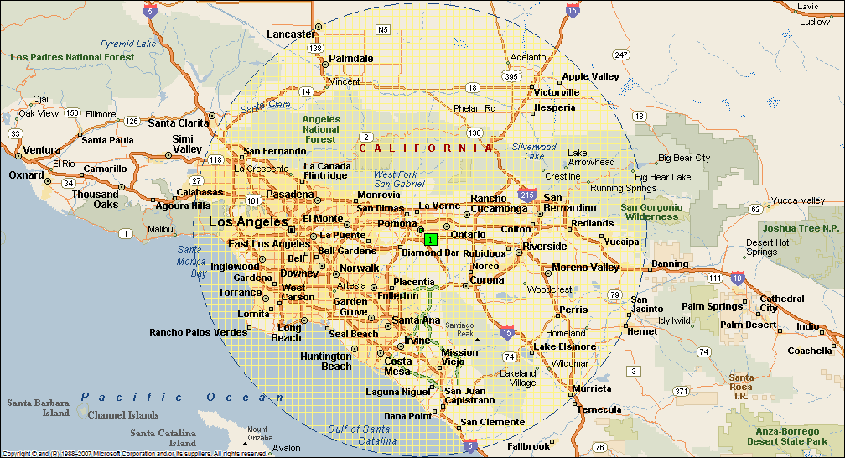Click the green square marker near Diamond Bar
pyautogui.click(x=430, y=239)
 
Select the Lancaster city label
pyautogui.click(x=291, y=34)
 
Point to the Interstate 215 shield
pyautogui.click(x=527, y=193)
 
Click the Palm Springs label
pyautogui.click(x=713, y=306)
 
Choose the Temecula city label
pyautogui.click(x=600, y=409)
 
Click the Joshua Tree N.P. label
pyautogui.click(x=801, y=227)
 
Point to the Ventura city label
pyautogui.click(x=41, y=150)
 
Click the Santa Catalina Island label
pyautogui.click(x=163, y=438)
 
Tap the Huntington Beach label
pyautogui.click(x=326, y=362)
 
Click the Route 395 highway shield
pyautogui.click(x=511, y=76)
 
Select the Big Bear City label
pyautogui.click(x=684, y=158)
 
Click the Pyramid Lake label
pyautogui.click(x=128, y=43)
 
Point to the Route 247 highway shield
pyautogui.click(x=620, y=55)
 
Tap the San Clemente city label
pyautogui.click(x=493, y=422)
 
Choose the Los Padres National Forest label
pyautogui.click(x=72, y=57)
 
